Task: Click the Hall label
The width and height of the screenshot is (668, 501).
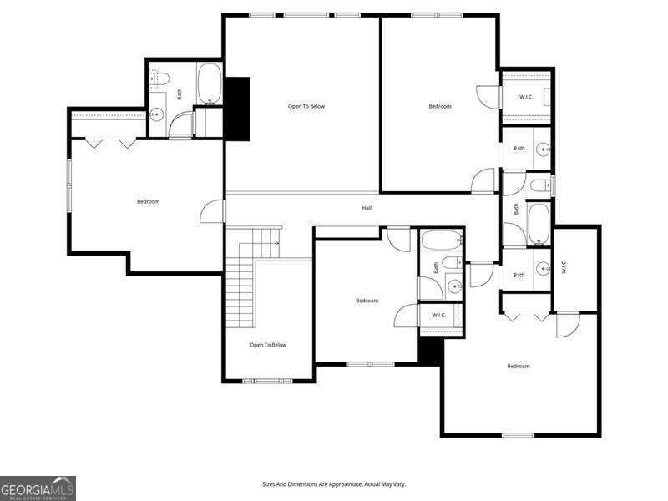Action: [x=367, y=208]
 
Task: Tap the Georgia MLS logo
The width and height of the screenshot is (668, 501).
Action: [x=38, y=488]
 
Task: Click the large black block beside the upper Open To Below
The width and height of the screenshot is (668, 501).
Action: [x=239, y=108]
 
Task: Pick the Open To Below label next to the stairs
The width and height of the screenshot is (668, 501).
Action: [x=268, y=345]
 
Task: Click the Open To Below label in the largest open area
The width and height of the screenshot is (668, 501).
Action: [x=306, y=106]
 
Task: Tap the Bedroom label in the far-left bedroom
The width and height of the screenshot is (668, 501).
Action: [x=148, y=201]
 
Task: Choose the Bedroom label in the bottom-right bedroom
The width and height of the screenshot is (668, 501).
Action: [x=518, y=366]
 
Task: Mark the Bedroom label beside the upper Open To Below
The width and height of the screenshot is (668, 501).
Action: [x=440, y=106]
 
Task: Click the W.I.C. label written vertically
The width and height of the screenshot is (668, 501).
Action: [x=564, y=267]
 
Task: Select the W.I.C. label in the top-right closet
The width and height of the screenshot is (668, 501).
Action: [x=526, y=98]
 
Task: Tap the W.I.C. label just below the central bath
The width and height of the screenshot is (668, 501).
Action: [x=438, y=315]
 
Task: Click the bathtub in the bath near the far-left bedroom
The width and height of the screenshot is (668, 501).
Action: [x=209, y=85]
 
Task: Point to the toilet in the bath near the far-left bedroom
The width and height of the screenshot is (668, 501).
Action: [x=162, y=80]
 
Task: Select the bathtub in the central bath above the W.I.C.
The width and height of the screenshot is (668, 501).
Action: [x=440, y=242]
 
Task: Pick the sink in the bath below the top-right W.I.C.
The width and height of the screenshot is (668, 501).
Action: [x=543, y=150]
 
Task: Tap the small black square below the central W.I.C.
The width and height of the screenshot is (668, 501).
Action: [x=429, y=350]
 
